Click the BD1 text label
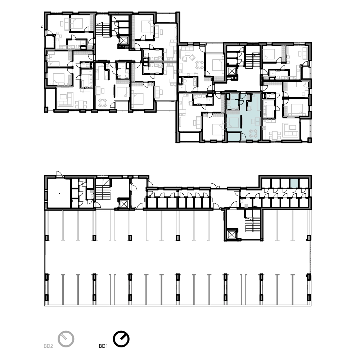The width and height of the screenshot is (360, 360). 103,346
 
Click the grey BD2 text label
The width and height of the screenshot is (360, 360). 48,346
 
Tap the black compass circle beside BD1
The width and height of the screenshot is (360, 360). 121,339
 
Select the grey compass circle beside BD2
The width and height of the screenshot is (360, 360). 66,339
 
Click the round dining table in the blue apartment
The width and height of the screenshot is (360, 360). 253,133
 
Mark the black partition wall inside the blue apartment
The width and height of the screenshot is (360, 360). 241,122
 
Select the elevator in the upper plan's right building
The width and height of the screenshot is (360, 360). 231,71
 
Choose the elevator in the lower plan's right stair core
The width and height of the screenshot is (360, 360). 231,235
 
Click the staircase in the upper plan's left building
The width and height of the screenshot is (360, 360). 103,30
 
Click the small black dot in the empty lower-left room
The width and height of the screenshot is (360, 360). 59,194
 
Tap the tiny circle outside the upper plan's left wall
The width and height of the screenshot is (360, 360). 42,27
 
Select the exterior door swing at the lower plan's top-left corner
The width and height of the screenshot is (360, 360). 59,174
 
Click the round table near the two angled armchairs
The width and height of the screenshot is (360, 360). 199,64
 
